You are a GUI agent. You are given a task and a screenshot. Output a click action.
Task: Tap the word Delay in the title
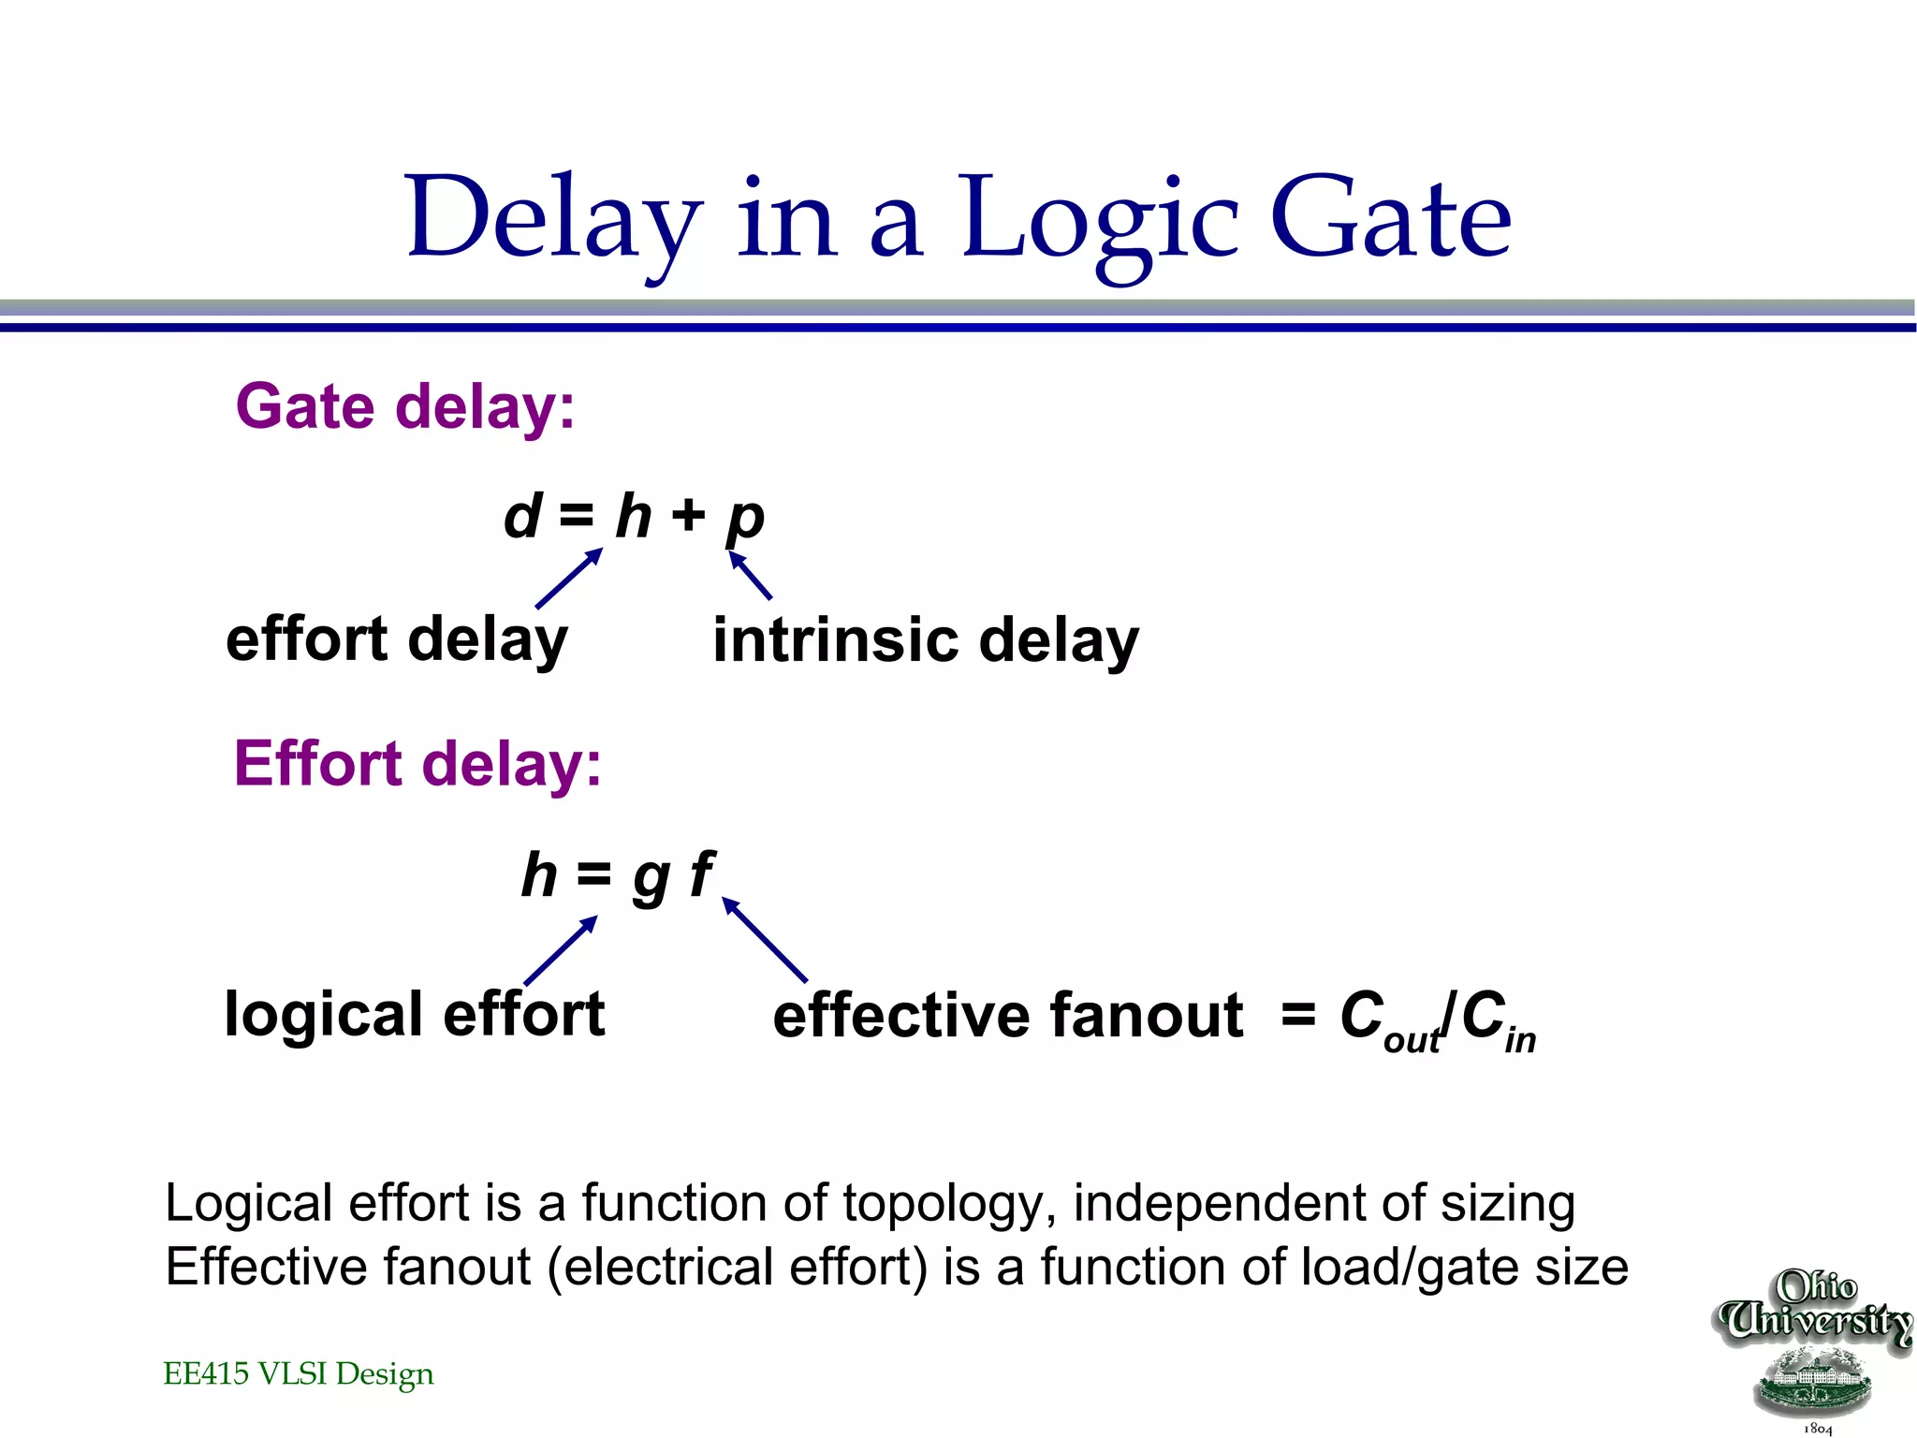[553, 220]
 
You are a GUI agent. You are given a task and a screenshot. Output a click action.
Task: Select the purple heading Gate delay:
[405, 407]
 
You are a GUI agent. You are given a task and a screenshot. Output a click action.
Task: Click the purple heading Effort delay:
[417, 764]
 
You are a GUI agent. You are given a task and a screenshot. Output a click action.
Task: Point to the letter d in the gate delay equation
[522, 516]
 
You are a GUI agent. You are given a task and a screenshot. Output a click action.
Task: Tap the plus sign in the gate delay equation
[688, 515]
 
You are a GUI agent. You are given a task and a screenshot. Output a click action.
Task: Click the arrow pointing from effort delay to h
[569, 579]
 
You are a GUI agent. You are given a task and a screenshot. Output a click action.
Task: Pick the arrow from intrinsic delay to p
[751, 576]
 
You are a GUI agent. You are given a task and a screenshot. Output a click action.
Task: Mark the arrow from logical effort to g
[561, 950]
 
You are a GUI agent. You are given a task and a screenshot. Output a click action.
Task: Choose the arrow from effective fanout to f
[765, 940]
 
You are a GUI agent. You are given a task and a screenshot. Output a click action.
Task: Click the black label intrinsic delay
[926, 641]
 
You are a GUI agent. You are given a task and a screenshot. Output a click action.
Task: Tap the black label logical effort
[415, 1015]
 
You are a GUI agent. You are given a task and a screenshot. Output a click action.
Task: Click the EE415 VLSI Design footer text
[298, 1374]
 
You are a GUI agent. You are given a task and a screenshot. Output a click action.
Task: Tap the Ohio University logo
[1814, 1348]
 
